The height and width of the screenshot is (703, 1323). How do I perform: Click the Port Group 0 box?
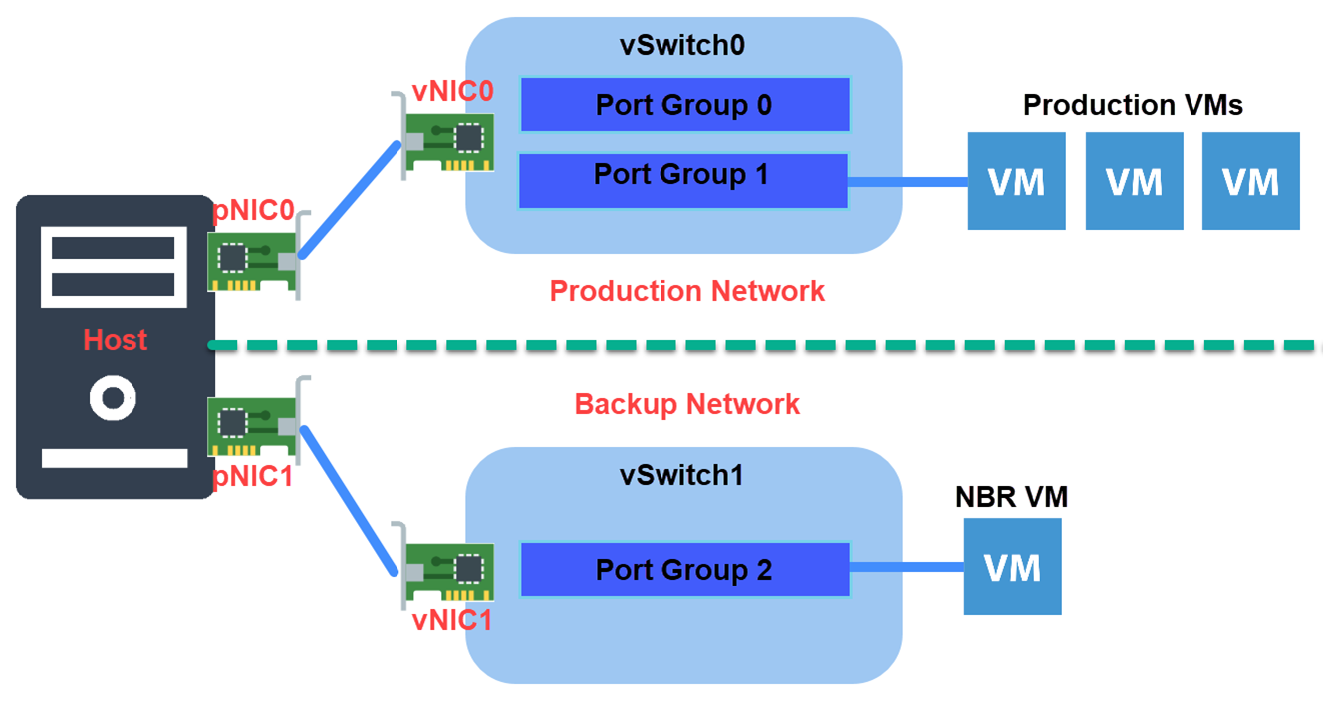pyautogui.click(x=684, y=105)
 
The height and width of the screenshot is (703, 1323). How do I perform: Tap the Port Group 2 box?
pyautogui.click(x=684, y=570)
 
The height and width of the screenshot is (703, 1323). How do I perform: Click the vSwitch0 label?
pyautogui.click(x=682, y=45)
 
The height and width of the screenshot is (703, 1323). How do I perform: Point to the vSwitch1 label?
pyautogui.click(x=682, y=475)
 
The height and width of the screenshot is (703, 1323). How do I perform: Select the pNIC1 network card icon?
pyautogui.click(x=253, y=425)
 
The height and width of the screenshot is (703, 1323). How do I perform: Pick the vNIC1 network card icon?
pyautogui.click(x=447, y=572)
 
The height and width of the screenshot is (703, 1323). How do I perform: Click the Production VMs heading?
pyautogui.click(x=1133, y=105)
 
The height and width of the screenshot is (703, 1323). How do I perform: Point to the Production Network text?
pyautogui.click(x=687, y=291)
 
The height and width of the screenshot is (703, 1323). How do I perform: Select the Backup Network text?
pyautogui.click(x=687, y=404)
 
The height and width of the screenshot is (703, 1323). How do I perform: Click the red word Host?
pyautogui.click(x=116, y=340)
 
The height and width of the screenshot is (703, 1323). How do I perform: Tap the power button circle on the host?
pyautogui.click(x=113, y=399)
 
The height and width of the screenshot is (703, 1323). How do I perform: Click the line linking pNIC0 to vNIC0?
pyautogui.click(x=349, y=200)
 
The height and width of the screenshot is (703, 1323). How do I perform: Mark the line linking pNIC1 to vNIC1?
pyautogui.click(x=350, y=501)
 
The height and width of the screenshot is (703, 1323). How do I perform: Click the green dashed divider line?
pyautogui.click(x=757, y=346)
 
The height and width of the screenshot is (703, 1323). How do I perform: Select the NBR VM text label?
pyautogui.click(x=1011, y=498)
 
